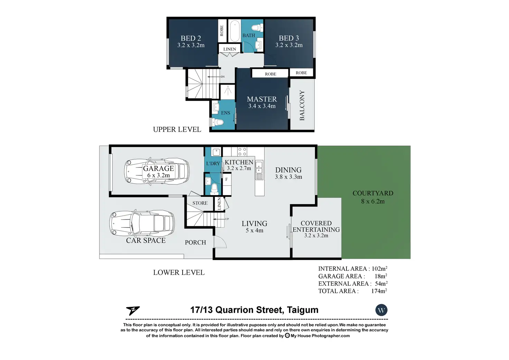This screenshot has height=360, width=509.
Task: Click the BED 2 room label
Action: pyautogui.click(x=191, y=38)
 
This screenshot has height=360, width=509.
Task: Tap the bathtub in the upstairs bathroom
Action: pyautogui.click(x=234, y=31)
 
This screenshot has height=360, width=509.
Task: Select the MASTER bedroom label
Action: pyautogui.click(x=262, y=99)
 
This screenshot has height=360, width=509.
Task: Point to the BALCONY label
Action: pyautogui.click(x=302, y=105)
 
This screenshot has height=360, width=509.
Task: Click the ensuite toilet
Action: pyautogui.click(x=218, y=122)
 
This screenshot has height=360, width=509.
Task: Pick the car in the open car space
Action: pyautogui.click(x=142, y=224)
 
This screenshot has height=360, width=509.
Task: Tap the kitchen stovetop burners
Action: pyautogui.click(x=242, y=151)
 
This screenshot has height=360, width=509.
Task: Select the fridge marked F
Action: pyautogui.click(x=226, y=184)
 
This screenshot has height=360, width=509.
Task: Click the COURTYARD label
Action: pyautogui.click(x=373, y=193)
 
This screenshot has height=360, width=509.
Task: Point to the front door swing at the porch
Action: pyautogui.click(x=220, y=242)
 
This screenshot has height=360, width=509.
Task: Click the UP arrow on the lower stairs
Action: pyautogui.click(x=219, y=219)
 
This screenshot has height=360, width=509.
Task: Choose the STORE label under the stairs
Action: pyautogui.click(x=200, y=203)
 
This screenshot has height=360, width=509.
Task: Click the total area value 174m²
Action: pyautogui.click(x=379, y=291)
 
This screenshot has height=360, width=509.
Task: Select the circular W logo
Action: pyautogui.click(x=381, y=310)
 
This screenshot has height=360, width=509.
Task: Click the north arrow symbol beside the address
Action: pyautogui.click(x=133, y=311)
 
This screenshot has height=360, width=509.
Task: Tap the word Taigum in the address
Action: pyautogui.click(x=303, y=310)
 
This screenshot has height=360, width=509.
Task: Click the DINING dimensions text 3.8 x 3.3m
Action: pyautogui.click(x=288, y=177)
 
